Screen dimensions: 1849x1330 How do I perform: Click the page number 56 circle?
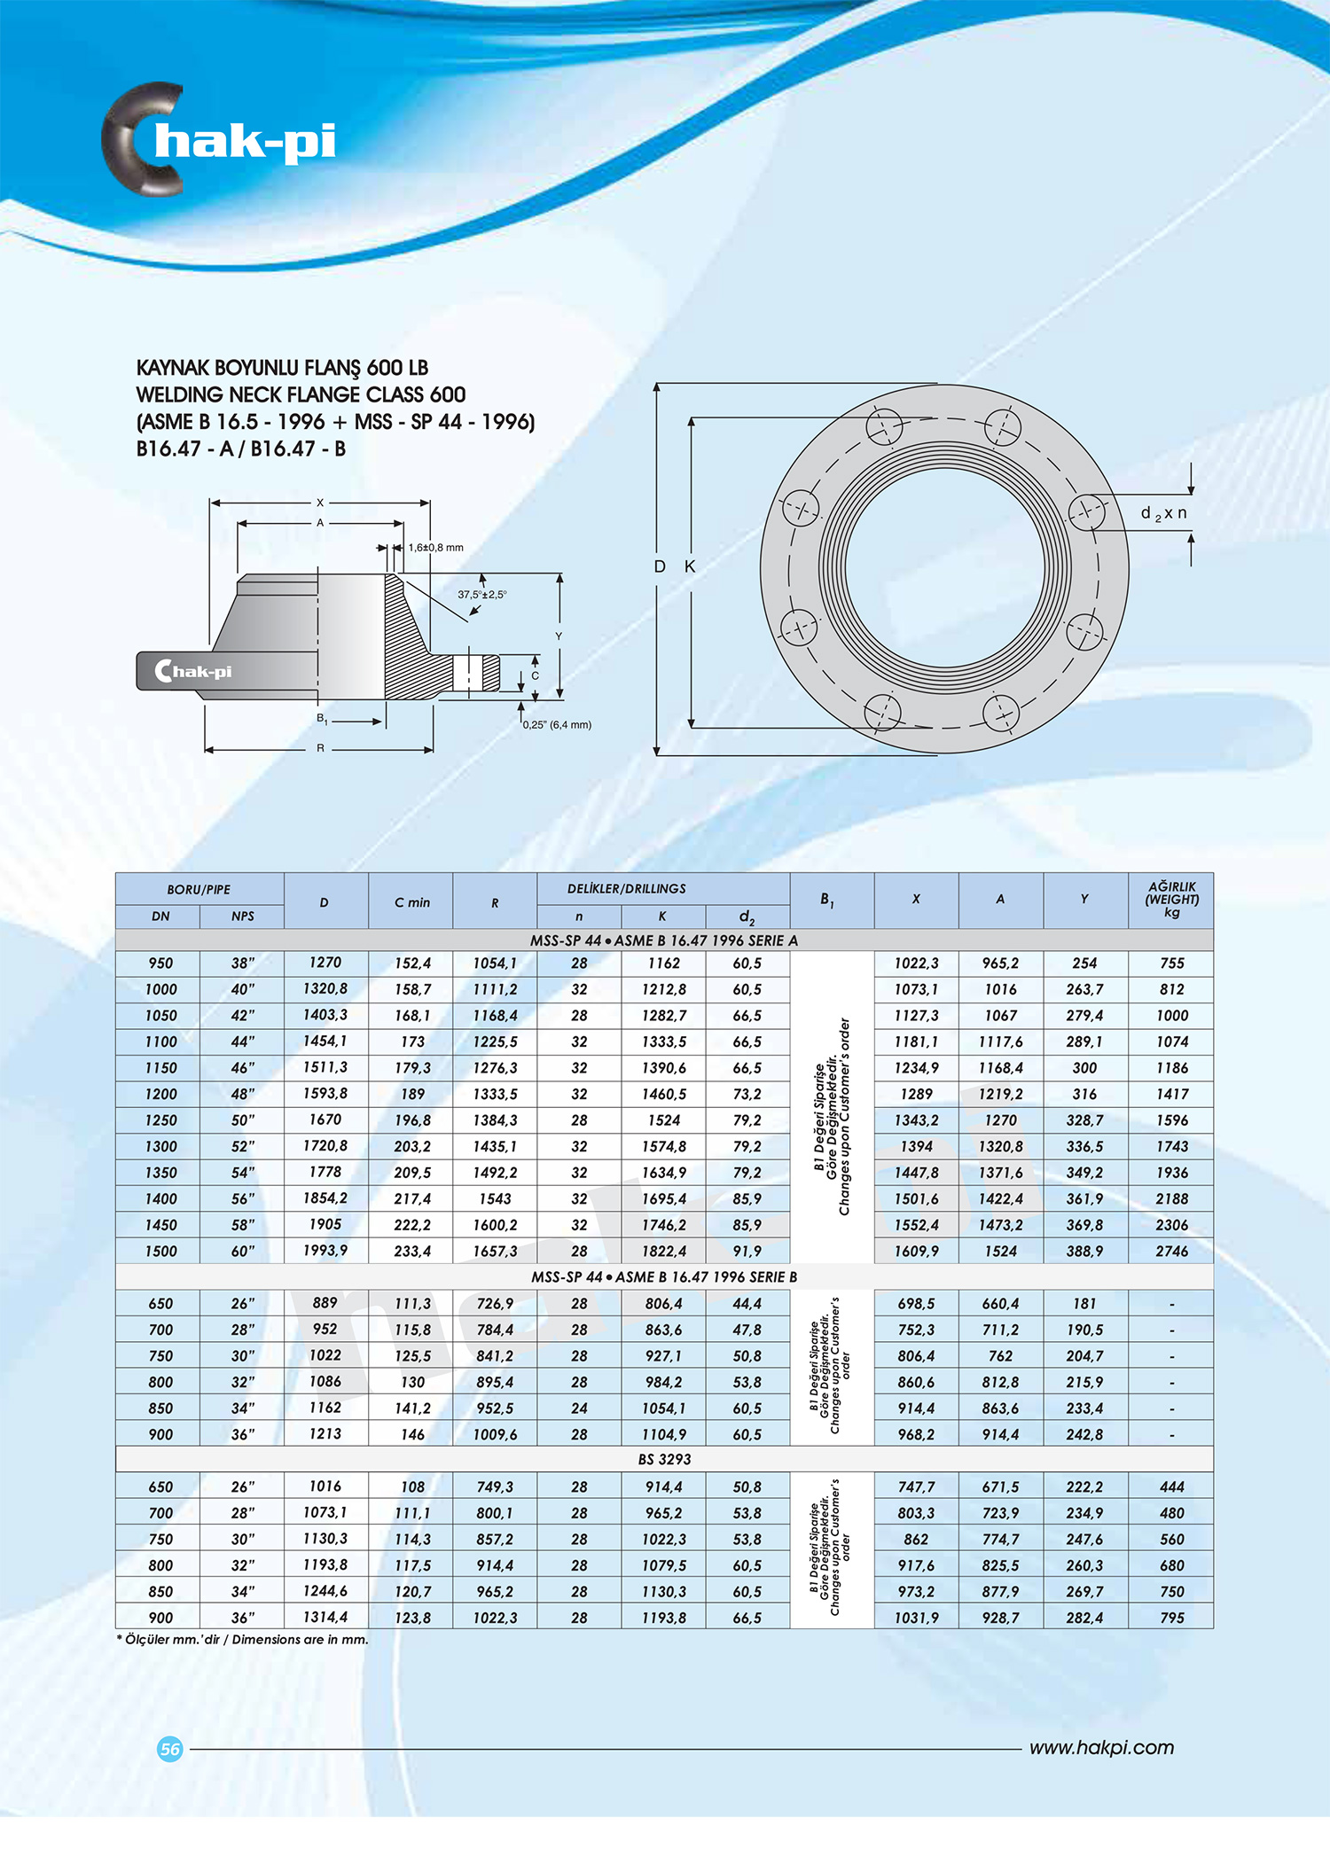pyautogui.click(x=169, y=1749)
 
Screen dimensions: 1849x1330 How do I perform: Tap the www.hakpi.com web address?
pyautogui.click(x=1101, y=1747)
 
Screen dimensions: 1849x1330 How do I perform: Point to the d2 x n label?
pyautogui.click(x=1163, y=513)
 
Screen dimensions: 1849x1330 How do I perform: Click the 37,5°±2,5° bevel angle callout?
pyautogui.click(x=481, y=594)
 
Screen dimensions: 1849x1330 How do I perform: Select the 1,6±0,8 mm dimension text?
pyautogui.click(x=435, y=548)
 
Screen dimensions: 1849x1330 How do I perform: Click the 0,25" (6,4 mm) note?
pyautogui.click(x=557, y=724)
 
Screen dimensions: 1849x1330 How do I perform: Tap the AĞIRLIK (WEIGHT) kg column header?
pyautogui.click(x=1171, y=899)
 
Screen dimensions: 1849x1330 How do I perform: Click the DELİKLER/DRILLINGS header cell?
pyautogui.click(x=626, y=888)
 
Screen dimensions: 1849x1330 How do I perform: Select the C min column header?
pyautogui.click(x=412, y=902)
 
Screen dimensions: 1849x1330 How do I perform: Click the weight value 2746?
pyautogui.click(x=1171, y=1251)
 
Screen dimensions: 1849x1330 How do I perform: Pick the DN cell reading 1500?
pyautogui.click(x=160, y=1251)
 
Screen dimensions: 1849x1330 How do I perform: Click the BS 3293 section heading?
pyautogui.click(x=664, y=1459)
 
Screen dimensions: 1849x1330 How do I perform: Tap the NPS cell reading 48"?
pyautogui.click(x=242, y=1094)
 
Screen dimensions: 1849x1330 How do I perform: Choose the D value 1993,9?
pyautogui.click(x=325, y=1250)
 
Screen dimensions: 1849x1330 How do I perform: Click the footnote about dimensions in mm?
pyautogui.click(x=242, y=1639)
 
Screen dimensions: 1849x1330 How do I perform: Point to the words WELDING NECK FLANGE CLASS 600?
pyautogui.click(x=301, y=394)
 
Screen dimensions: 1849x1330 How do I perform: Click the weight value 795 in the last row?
pyautogui.click(x=1171, y=1618)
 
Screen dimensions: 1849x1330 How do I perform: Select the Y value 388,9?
pyautogui.click(x=1084, y=1251)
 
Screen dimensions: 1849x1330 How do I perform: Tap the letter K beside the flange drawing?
pyautogui.click(x=689, y=566)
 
